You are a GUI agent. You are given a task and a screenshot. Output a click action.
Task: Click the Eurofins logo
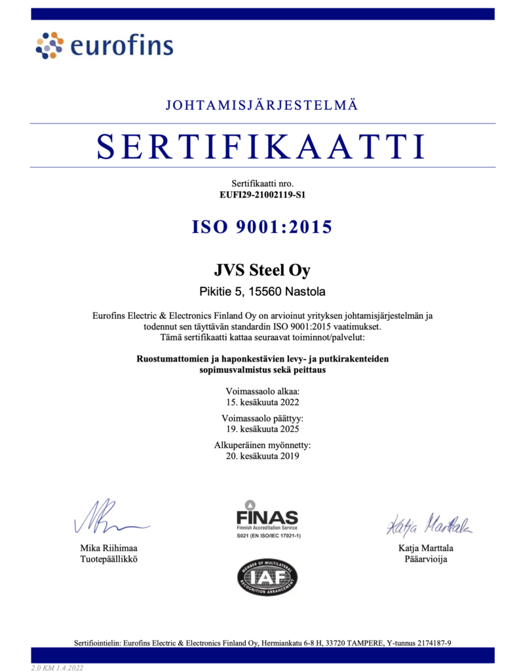(104, 45)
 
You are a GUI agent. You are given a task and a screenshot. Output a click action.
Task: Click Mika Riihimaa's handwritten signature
(108, 518)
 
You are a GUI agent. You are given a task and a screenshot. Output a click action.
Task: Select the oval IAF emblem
(267, 577)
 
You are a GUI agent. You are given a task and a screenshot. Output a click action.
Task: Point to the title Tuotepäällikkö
(108, 559)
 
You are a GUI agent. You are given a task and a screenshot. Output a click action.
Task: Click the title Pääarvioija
(426, 559)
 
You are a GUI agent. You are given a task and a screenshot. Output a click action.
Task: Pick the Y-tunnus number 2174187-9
(429, 642)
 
